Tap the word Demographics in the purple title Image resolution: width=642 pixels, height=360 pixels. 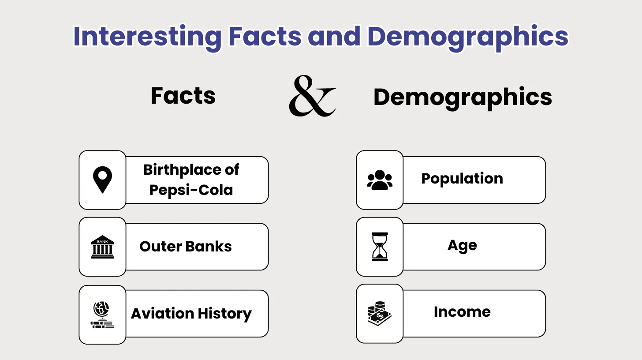[468, 37]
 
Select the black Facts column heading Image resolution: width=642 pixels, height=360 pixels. [183, 96]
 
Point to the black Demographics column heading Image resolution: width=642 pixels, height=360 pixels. [463, 97]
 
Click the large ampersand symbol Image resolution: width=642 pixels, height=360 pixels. [312, 96]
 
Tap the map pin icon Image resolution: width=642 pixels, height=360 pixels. [102, 180]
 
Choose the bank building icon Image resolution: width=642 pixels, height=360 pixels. [102, 247]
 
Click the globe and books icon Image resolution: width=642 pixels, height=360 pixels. [102, 315]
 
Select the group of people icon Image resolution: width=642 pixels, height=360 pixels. [380, 180]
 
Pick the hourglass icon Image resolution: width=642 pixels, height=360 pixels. [380, 247]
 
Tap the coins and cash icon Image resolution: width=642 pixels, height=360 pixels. [380, 314]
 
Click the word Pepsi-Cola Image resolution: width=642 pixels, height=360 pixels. [191, 190]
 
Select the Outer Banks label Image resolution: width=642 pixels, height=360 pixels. [186, 246]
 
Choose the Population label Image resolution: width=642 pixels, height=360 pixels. [462, 179]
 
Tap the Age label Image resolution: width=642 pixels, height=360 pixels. [462, 246]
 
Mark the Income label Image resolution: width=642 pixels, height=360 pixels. [462, 312]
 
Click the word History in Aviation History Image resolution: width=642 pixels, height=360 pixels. [225, 314]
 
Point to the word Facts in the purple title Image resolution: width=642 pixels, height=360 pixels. [265, 37]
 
